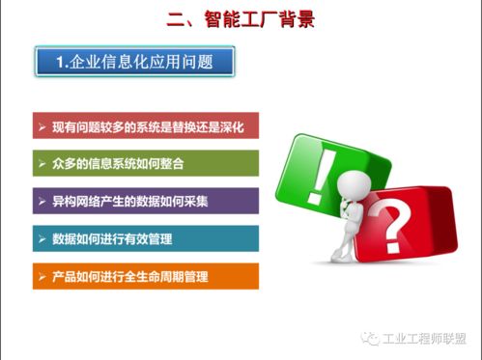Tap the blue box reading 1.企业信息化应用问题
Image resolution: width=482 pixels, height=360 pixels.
click(x=135, y=63)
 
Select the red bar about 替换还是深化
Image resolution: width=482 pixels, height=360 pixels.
click(x=145, y=126)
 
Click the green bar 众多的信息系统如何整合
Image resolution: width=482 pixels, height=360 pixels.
click(x=145, y=164)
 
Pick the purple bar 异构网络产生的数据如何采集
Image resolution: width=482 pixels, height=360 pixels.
click(x=145, y=202)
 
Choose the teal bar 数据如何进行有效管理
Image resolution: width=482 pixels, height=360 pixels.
click(x=145, y=238)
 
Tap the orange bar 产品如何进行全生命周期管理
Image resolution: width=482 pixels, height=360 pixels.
click(x=145, y=277)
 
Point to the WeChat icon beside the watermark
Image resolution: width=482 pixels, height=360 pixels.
click(x=371, y=339)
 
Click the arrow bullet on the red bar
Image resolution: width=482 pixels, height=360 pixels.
click(x=41, y=126)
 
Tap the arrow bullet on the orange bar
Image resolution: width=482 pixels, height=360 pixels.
click(x=41, y=277)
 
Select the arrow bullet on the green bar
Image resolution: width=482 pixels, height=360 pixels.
click(x=41, y=164)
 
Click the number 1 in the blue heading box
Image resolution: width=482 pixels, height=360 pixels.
click(x=60, y=63)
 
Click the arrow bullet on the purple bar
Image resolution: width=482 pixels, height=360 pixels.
click(x=41, y=202)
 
